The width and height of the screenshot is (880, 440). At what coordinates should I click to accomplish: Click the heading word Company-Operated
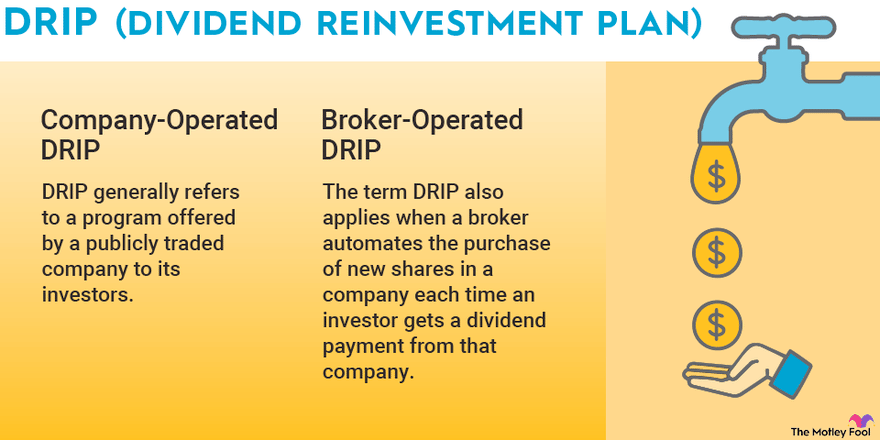click(159, 121)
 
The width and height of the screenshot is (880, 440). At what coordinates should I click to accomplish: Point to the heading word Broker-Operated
click(422, 121)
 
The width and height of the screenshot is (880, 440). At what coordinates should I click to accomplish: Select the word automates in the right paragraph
click(370, 244)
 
